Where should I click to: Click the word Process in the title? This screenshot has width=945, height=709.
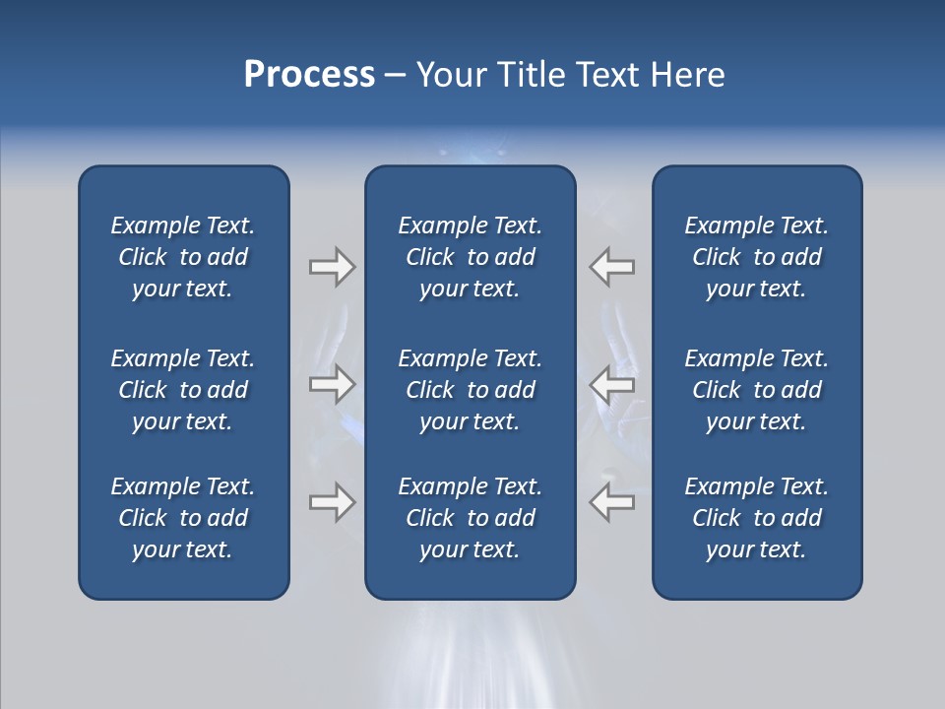pyautogui.click(x=309, y=75)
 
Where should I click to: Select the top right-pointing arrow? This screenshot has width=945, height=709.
pyautogui.click(x=332, y=267)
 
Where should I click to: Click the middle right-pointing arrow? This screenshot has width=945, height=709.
pyautogui.click(x=332, y=383)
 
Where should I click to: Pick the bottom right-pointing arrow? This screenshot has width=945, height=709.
pyautogui.click(x=332, y=502)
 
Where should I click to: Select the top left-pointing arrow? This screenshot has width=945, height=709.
pyautogui.click(x=612, y=267)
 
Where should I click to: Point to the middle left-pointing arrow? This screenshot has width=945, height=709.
pyautogui.click(x=612, y=383)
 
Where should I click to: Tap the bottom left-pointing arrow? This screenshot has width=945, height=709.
pyautogui.click(x=612, y=502)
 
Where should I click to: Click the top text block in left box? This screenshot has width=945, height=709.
pyautogui.click(x=183, y=257)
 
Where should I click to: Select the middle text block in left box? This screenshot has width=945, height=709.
pyautogui.click(x=183, y=390)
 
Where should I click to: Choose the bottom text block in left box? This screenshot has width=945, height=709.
pyautogui.click(x=183, y=518)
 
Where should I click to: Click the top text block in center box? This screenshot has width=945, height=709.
pyautogui.click(x=470, y=257)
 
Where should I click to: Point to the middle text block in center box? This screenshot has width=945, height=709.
pyautogui.click(x=470, y=390)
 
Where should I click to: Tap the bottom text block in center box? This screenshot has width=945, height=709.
pyautogui.click(x=470, y=518)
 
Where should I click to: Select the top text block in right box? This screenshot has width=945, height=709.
pyautogui.click(x=756, y=257)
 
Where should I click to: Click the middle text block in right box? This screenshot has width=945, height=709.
pyautogui.click(x=756, y=390)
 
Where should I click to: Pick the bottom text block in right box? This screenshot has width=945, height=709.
pyautogui.click(x=756, y=518)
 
